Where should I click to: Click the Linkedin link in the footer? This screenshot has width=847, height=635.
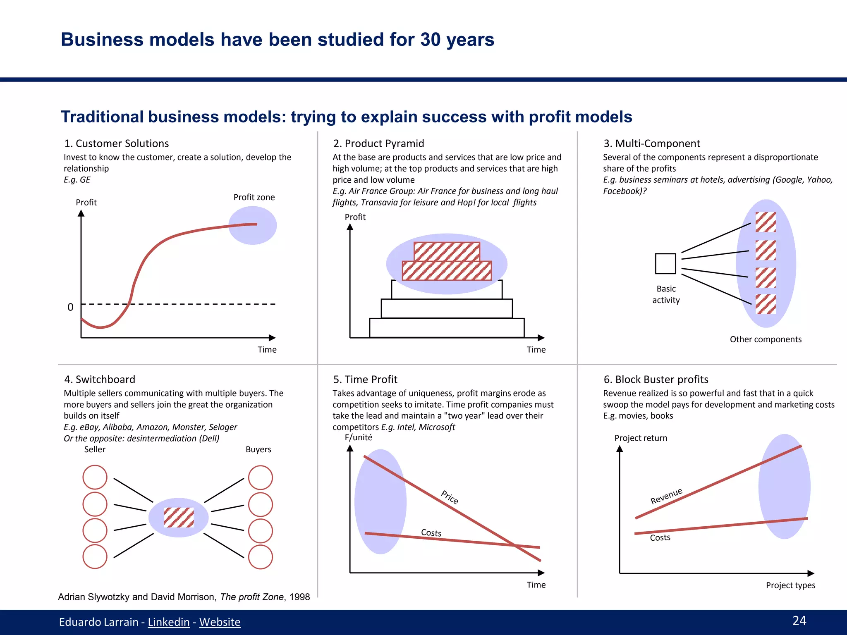[x=168, y=622]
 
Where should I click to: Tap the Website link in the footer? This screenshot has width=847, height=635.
[x=220, y=622]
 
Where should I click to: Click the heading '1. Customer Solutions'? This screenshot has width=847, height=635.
[x=116, y=143]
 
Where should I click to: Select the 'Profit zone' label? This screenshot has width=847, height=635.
[x=254, y=197]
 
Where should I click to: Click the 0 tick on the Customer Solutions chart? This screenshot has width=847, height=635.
[x=70, y=307]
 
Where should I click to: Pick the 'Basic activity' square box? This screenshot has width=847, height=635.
[x=665, y=264]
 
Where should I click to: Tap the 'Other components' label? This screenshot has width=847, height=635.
[x=766, y=339]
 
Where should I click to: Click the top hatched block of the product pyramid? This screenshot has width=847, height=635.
[x=447, y=251]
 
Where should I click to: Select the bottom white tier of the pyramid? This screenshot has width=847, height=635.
[x=447, y=328]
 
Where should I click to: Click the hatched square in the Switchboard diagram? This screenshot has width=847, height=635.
[x=179, y=517]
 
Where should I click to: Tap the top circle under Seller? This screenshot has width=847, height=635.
[x=95, y=477]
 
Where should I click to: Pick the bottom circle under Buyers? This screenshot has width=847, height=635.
[x=261, y=557]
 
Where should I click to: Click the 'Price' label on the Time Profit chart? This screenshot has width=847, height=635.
[x=450, y=497]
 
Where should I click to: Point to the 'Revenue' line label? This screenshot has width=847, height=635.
[x=666, y=496]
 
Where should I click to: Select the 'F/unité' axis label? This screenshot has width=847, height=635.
[x=358, y=437]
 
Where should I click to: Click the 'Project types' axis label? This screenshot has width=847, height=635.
[x=790, y=585]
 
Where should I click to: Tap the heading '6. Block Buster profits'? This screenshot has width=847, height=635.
[x=656, y=380]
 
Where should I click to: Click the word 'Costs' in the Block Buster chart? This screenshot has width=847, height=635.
[x=660, y=537]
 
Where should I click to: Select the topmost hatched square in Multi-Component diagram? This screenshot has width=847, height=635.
[x=766, y=222]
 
